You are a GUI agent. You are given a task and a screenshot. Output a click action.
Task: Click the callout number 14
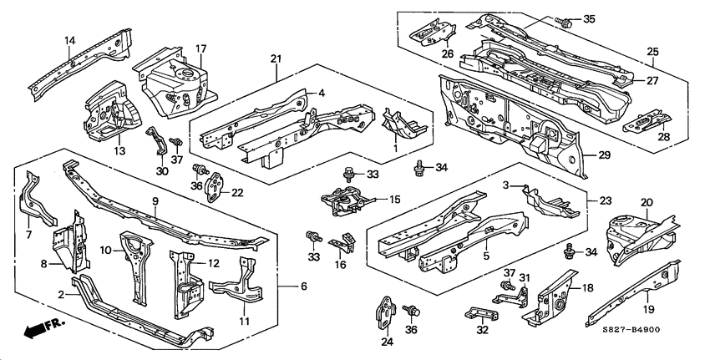tap(70, 40)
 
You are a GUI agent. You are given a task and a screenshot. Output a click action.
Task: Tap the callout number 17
tap(200, 49)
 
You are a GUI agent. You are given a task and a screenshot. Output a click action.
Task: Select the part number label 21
tap(276, 58)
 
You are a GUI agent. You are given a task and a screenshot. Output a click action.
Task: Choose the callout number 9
tap(155, 200)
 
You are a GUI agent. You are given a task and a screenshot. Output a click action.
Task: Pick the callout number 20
tap(647, 202)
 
